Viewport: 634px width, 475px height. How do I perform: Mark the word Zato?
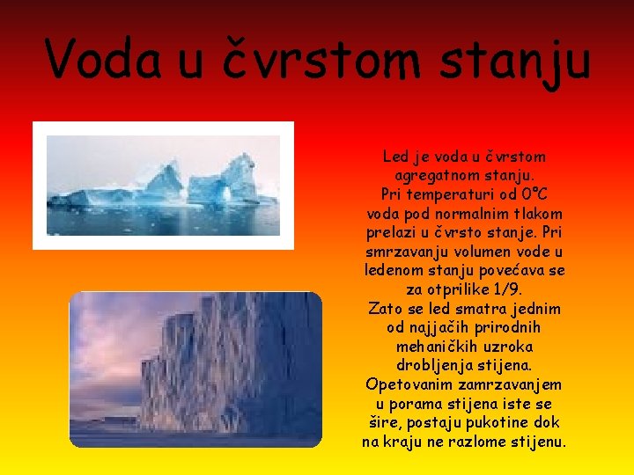(386, 309)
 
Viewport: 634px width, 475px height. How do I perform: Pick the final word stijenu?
(535, 442)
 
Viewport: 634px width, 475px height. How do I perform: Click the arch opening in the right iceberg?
(225, 195)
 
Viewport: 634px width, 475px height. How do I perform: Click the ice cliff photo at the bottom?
(195, 369)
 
